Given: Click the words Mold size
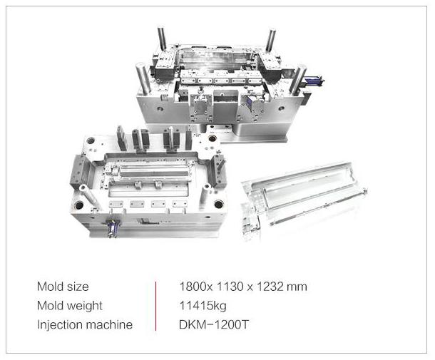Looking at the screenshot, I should (63, 287).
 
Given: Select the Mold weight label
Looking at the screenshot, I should (69, 306).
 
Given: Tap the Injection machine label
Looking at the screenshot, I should (84, 325).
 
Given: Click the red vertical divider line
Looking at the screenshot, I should (156, 306).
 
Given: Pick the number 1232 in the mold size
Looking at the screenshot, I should (267, 287).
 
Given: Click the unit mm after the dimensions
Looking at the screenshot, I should (297, 287).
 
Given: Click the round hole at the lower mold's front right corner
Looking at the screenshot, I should (218, 204).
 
